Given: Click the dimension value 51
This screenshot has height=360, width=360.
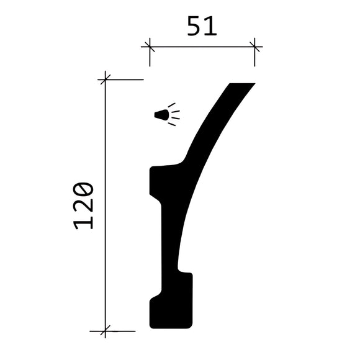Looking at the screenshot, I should [202, 27].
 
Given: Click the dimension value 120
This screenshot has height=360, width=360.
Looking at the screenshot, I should [83, 205].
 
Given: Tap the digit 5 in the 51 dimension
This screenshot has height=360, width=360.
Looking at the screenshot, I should [194, 27].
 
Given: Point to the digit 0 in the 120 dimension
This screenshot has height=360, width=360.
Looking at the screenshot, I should [83, 189].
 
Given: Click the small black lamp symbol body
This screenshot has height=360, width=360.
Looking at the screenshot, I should [161, 115].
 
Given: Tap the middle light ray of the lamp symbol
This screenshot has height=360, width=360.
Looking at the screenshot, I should [176, 114].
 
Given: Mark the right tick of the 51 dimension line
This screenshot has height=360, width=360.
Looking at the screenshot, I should [254, 46].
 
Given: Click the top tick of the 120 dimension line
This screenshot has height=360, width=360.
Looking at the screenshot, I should [106, 79].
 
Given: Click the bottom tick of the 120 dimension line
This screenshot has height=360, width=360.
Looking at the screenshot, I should [106, 331].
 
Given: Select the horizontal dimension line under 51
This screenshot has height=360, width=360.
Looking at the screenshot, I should [202, 46].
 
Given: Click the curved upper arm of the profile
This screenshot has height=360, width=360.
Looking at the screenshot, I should [211, 130].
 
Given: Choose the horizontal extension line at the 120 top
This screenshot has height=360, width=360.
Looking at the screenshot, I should [124, 79].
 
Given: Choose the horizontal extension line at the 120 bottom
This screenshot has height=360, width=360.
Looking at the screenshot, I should [118, 331].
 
